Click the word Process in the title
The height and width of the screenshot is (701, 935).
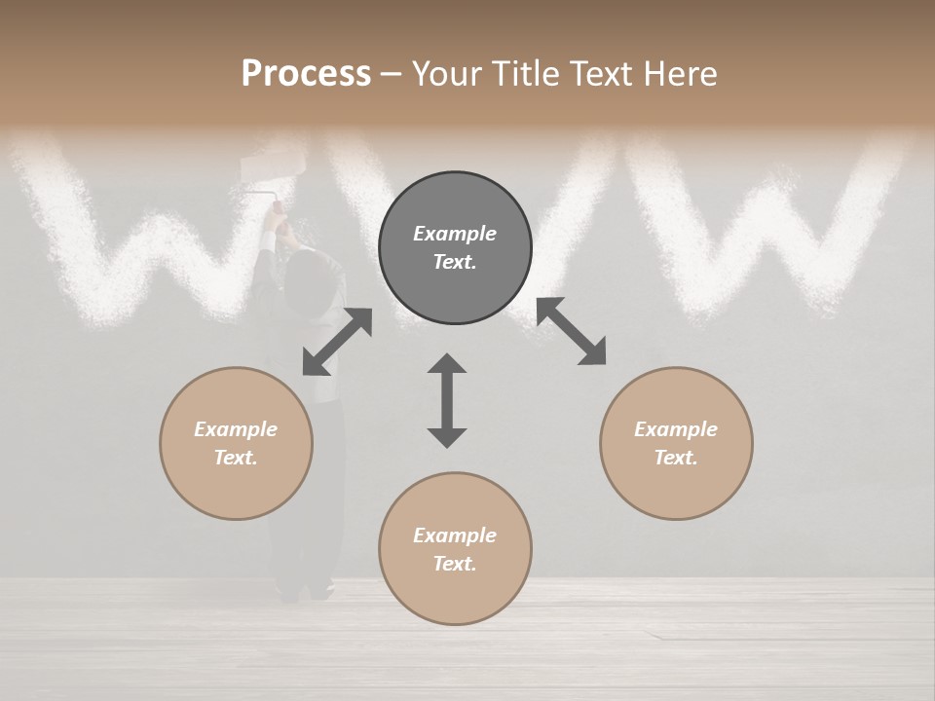[x=306, y=74]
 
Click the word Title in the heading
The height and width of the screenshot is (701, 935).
[x=525, y=74]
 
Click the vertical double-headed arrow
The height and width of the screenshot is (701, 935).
[x=447, y=400]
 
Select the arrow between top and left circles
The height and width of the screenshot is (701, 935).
[x=337, y=342]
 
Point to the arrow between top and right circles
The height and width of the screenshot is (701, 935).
[x=572, y=332]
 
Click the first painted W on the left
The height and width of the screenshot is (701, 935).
[x=146, y=234]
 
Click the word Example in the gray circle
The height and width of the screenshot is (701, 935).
[x=455, y=234]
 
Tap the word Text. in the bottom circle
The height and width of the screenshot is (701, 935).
[x=455, y=564]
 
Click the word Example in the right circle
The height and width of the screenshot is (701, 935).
[x=676, y=429]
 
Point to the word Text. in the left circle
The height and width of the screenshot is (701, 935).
[x=236, y=458]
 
